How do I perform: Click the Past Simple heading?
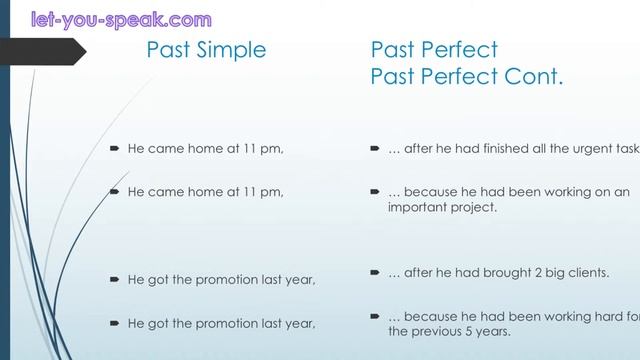click(x=207, y=50)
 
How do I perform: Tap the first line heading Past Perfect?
click(x=434, y=50)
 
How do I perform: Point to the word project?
click(x=476, y=208)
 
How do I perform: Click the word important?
click(x=418, y=208)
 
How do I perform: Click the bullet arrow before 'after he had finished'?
click(x=374, y=149)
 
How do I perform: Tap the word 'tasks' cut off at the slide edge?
click(x=629, y=149)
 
